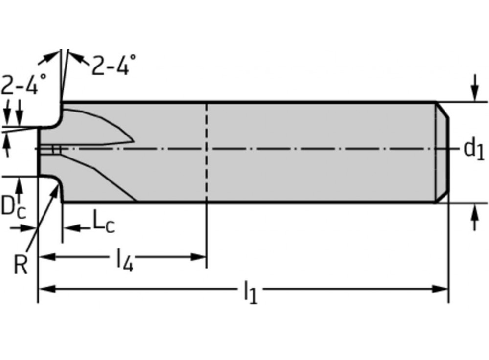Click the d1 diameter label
(473, 149)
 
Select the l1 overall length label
(250, 292)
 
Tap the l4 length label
(124, 260)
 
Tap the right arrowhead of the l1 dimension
(443, 289)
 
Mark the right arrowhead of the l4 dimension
(200, 257)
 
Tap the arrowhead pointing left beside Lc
(68, 227)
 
